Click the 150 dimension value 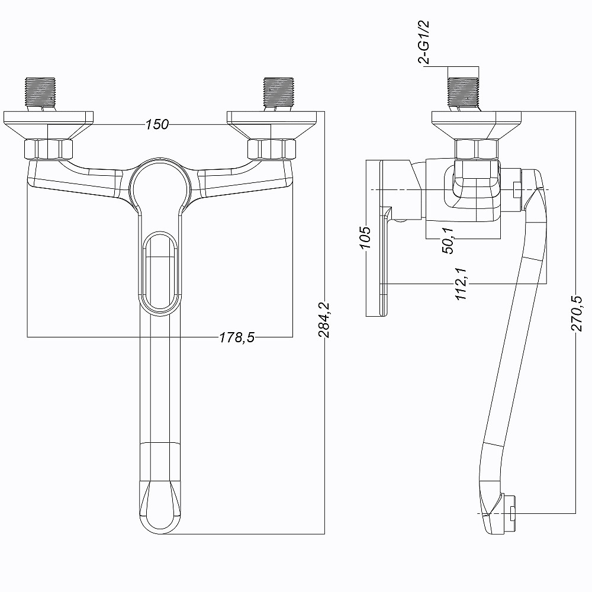coord(157,124)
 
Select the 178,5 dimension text coord(237,337)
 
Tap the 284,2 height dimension coord(324,320)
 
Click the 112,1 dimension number coord(461,284)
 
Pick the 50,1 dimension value coord(448,240)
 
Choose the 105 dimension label coord(365,237)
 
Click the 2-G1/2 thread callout coord(424,42)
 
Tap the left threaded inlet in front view coord(40,94)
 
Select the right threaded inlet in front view coord(278,94)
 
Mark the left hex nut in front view coord(49,149)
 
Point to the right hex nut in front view coord(272,149)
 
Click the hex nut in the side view coord(477,149)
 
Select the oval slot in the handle coord(160,272)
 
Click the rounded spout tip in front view coord(160,507)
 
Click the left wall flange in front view coord(49,124)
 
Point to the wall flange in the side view coord(477,124)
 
